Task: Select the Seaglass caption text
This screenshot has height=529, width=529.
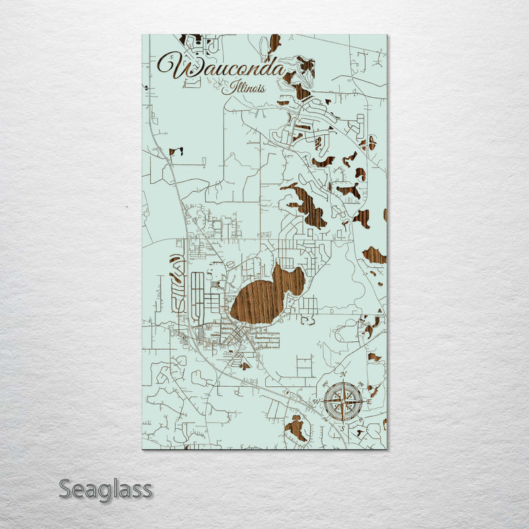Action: tap(106, 490)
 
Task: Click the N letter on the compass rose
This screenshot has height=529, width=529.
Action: tap(343, 375)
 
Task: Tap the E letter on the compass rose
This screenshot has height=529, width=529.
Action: tap(370, 401)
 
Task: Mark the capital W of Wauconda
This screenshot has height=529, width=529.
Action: tap(173, 66)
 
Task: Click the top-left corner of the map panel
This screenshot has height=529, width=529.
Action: tap(143, 35)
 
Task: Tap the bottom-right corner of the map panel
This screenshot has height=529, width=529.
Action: tap(386, 449)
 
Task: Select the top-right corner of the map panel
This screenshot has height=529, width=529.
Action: tap(386, 35)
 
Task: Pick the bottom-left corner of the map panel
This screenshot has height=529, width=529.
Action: tap(143, 449)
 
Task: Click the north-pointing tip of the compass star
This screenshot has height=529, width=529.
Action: tap(343, 382)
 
